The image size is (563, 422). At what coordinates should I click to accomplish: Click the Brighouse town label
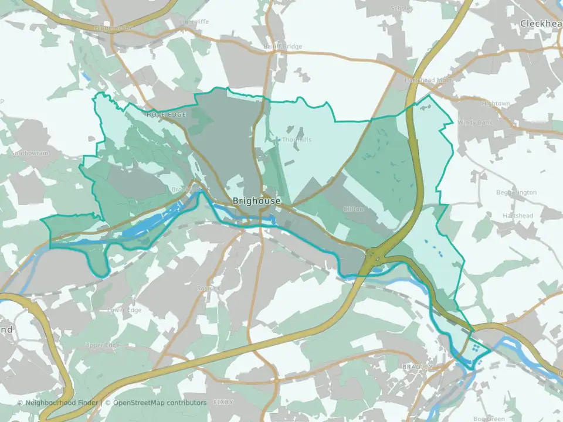[256, 200]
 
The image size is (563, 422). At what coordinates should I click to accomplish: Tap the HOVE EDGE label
[166, 114]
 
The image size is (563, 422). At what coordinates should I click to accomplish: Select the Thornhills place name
[296, 140]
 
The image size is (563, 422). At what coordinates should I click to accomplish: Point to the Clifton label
[354, 209]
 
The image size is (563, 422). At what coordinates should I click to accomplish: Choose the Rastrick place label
[208, 288]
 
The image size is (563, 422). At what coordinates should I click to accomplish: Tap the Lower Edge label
[125, 309]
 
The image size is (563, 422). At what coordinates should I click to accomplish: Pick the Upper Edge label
[102, 345]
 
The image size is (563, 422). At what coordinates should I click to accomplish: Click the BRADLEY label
[418, 367]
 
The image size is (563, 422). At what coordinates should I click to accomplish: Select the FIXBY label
[223, 403]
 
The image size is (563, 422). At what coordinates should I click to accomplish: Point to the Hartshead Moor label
[428, 80]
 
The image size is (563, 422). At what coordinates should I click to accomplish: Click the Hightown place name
[496, 104]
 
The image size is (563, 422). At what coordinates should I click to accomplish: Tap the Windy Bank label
[473, 122]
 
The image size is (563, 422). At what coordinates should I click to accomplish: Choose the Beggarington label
[516, 192]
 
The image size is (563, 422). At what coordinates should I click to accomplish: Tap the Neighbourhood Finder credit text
[62, 403]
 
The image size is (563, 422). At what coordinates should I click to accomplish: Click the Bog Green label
[489, 418]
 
